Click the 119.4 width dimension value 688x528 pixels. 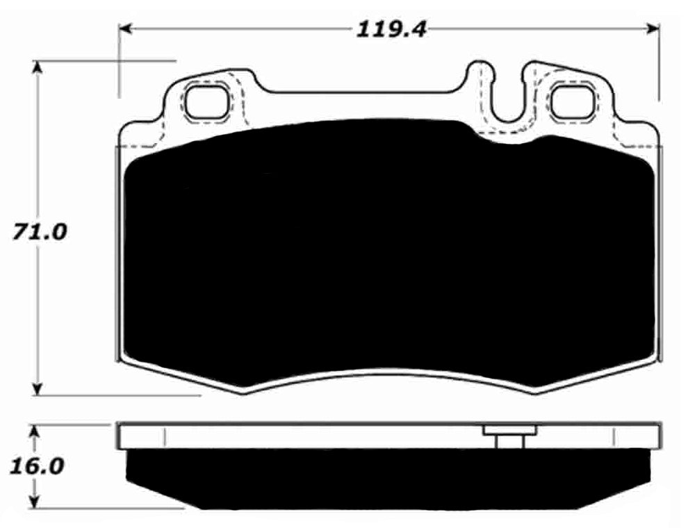391,29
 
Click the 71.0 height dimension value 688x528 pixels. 39,232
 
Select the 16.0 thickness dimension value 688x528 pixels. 36,465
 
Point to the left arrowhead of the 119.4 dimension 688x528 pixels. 125,28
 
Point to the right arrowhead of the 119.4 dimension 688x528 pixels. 653,28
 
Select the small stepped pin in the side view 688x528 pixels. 509,438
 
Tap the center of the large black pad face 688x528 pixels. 389,257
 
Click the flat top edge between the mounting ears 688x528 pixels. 361,91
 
